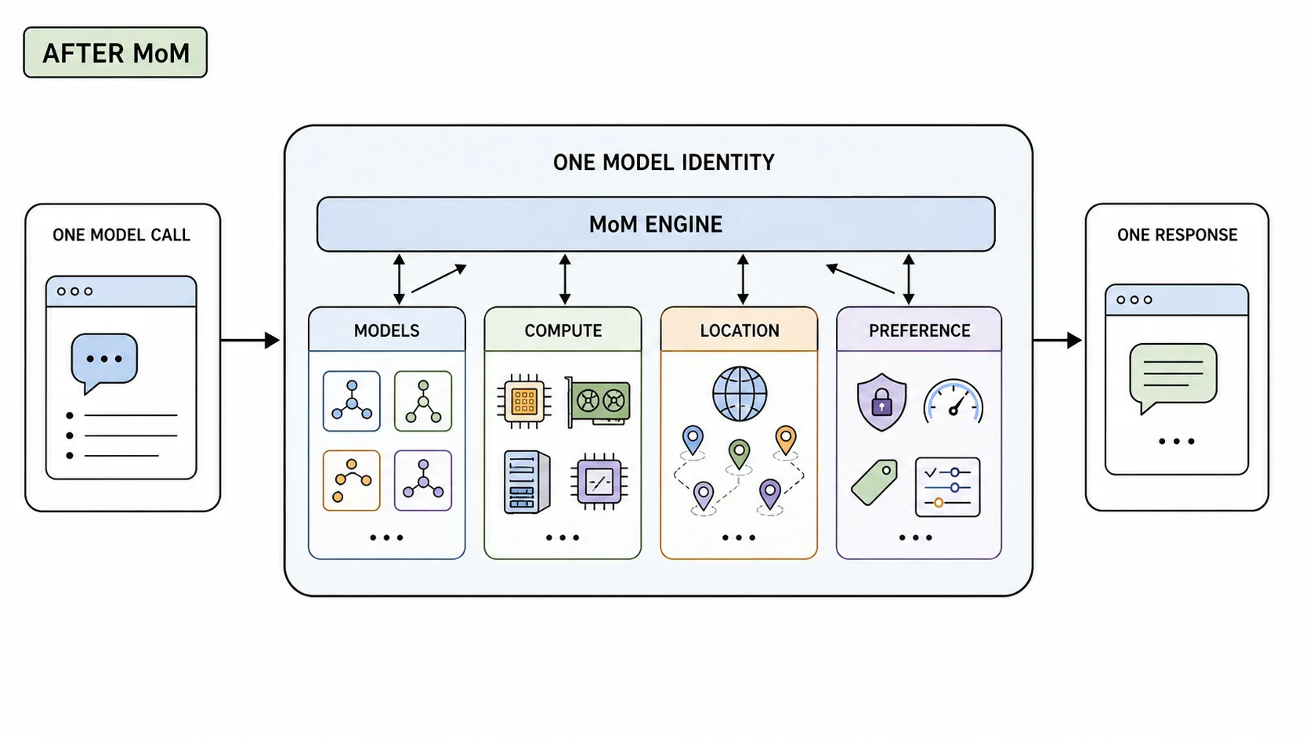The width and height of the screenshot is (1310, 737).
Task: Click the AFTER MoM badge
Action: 115,52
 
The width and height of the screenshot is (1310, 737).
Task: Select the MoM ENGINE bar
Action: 656,225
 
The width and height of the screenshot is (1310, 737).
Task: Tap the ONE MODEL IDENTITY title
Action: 664,162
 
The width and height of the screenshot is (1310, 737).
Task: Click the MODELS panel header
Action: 386,330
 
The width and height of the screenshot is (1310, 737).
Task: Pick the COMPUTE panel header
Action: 563,330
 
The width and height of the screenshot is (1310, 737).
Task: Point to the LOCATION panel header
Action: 739,330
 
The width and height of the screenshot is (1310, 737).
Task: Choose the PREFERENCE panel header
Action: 919,330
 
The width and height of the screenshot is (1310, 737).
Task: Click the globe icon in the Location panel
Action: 740,394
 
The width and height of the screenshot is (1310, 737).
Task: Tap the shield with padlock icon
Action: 881,402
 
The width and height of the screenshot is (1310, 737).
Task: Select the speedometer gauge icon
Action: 954,401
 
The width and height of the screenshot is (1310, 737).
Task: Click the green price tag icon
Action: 874,482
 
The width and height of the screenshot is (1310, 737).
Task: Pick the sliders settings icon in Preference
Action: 947,487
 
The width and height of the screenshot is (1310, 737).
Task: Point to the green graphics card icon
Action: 598,402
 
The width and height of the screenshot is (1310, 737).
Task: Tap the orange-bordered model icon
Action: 352,480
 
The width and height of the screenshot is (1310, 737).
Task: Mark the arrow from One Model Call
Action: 250,340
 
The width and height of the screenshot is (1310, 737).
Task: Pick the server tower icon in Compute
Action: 527,482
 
